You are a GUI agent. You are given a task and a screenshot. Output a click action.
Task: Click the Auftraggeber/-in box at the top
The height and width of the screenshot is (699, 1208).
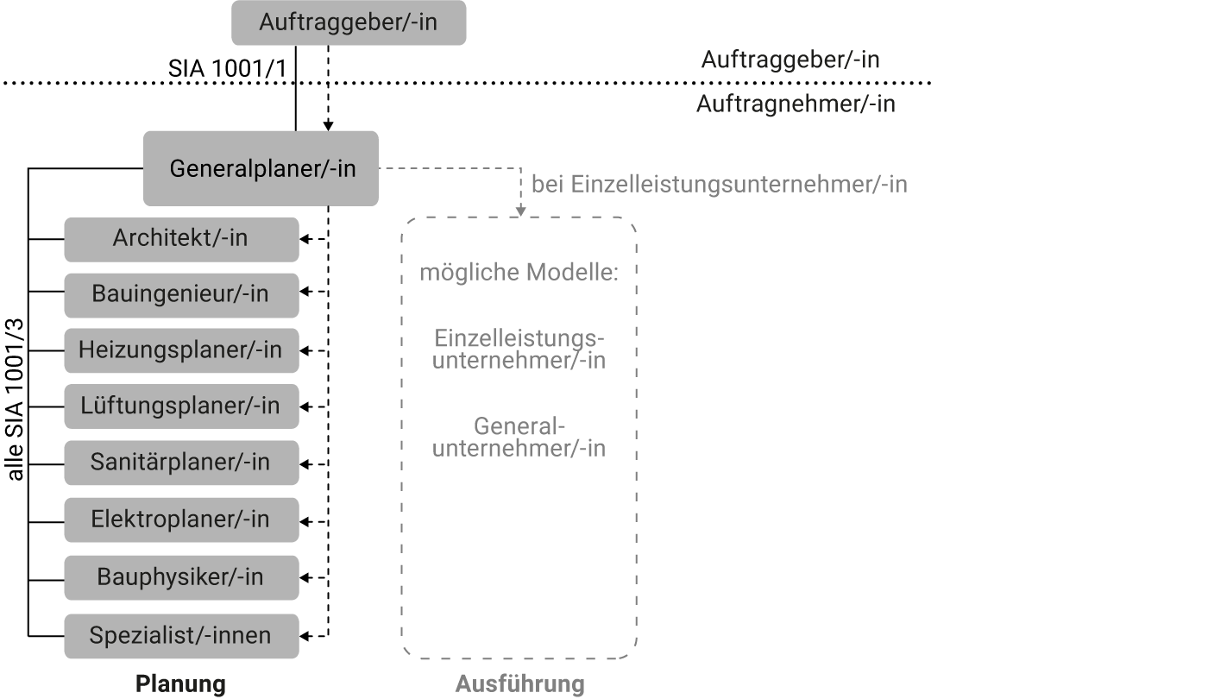point(349,22)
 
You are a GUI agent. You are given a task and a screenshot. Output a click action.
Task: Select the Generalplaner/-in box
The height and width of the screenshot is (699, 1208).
point(261,168)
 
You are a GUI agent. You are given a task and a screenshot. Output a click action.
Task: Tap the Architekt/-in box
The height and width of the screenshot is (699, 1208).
point(181,240)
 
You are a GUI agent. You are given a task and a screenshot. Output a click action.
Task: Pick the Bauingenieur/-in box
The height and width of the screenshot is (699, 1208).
point(181,295)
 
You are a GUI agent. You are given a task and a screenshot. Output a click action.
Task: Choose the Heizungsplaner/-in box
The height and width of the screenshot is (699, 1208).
point(181,350)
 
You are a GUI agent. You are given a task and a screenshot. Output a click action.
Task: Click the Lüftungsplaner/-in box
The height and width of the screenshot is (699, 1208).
point(181,406)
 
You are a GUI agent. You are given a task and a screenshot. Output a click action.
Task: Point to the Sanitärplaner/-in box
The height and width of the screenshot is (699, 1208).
point(181,463)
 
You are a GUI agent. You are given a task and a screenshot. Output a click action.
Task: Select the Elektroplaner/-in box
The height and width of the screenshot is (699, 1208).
point(181,520)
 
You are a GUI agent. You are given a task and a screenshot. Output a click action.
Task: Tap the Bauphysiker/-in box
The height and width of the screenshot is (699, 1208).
point(181,577)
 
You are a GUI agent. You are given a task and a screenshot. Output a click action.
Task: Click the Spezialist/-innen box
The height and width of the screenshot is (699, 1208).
point(181,636)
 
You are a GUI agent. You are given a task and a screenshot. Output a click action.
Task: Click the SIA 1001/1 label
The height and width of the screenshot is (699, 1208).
point(228,68)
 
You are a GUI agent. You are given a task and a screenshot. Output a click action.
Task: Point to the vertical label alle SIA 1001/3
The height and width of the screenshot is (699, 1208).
point(15,399)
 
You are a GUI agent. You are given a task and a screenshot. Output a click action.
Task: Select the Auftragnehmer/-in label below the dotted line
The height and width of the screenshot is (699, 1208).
point(796,104)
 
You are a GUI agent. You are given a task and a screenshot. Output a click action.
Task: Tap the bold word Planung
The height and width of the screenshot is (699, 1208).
point(180,683)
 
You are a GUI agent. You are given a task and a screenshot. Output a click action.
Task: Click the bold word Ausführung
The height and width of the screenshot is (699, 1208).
point(519,683)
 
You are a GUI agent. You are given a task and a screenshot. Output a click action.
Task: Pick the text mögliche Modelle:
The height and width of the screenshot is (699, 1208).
point(519,273)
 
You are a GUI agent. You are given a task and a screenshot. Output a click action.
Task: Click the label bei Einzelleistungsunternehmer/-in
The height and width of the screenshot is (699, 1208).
point(720,185)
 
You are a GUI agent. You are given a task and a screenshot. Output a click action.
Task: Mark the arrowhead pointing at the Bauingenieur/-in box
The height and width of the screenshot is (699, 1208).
point(305,292)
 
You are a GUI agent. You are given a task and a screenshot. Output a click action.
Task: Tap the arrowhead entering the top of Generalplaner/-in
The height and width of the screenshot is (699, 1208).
point(328,126)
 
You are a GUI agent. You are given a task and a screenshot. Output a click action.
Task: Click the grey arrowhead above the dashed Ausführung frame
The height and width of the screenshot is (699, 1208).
point(521,211)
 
